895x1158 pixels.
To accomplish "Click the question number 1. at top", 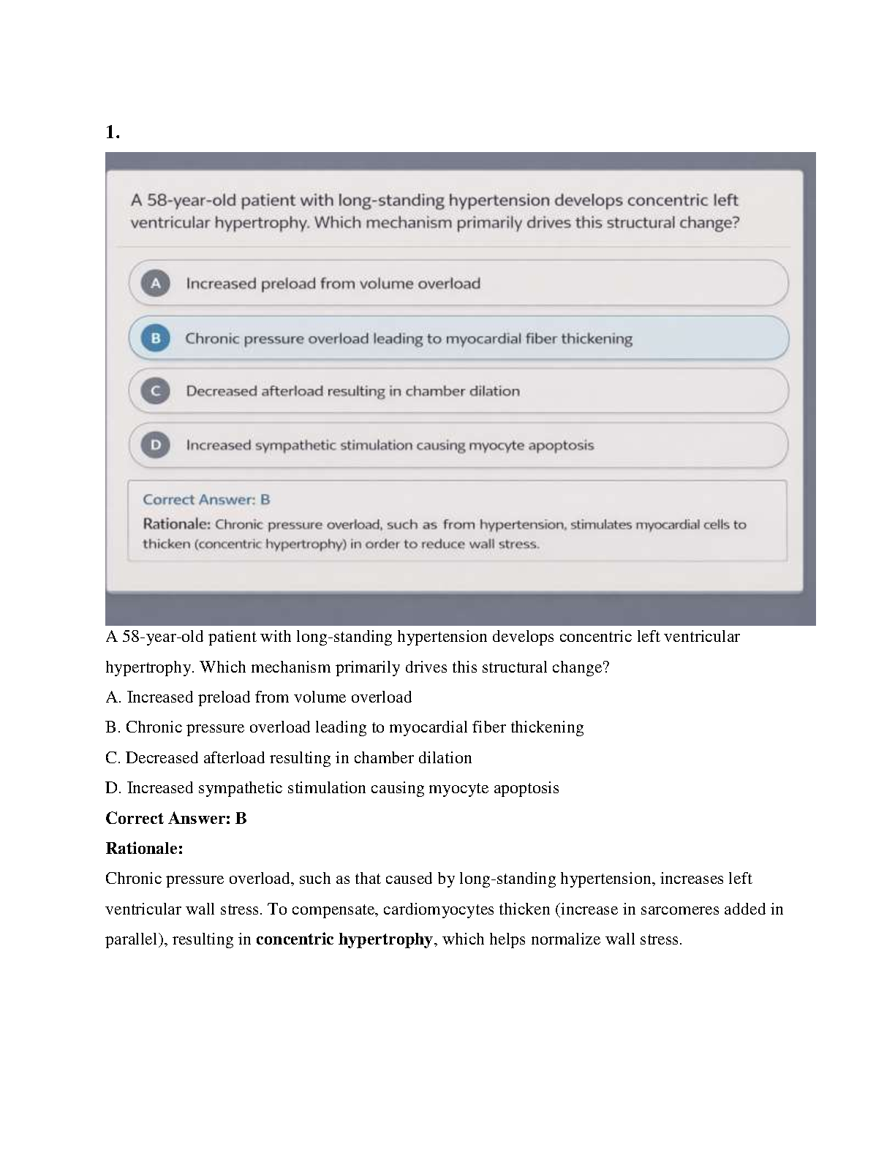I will click(112, 132).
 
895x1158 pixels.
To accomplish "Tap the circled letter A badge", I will click(156, 283).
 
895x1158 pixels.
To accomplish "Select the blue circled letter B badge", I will click(155, 338).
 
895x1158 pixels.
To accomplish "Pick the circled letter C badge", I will click(155, 391).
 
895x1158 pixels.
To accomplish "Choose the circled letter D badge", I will click(155, 444).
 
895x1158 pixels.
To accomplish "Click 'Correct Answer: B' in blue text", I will click(206, 500).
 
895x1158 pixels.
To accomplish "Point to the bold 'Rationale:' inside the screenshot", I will click(176, 524).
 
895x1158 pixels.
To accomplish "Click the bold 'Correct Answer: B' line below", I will click(176, 819).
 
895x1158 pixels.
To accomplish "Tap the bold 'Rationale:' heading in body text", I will click(144, 849).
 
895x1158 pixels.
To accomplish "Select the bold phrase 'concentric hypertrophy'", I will click(344, 939).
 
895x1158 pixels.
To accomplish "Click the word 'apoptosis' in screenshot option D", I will click(561, 445).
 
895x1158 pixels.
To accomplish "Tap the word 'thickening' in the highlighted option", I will click(597, 338).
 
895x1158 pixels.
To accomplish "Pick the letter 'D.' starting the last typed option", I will click(113, 788).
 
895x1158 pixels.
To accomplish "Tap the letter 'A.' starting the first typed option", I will click(113, 697).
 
